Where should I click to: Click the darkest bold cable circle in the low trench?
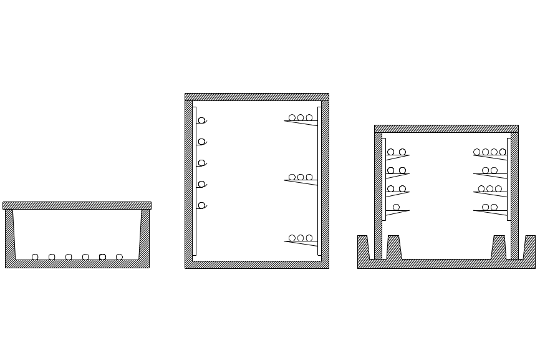pos(102,256)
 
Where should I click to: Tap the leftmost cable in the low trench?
pos(36,256)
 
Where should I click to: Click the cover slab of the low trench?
pos(77,205)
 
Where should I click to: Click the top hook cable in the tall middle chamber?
pos(201,120)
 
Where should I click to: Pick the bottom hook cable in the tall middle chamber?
pos(201,205)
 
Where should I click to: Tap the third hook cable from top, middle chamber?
pos(201,163)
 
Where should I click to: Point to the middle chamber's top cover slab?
pos(256,97)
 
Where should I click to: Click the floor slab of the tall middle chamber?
pos(256,265)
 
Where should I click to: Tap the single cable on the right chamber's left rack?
pos(397,207)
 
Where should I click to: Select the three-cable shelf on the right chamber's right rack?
pos(489,188)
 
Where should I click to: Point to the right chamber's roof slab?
pos(446,129)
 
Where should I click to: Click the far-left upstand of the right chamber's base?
pos(363,247)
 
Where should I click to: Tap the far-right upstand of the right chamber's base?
pos(529,247)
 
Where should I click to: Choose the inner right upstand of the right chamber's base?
pos(499,246)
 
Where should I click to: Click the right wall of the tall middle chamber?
pos(324,181)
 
